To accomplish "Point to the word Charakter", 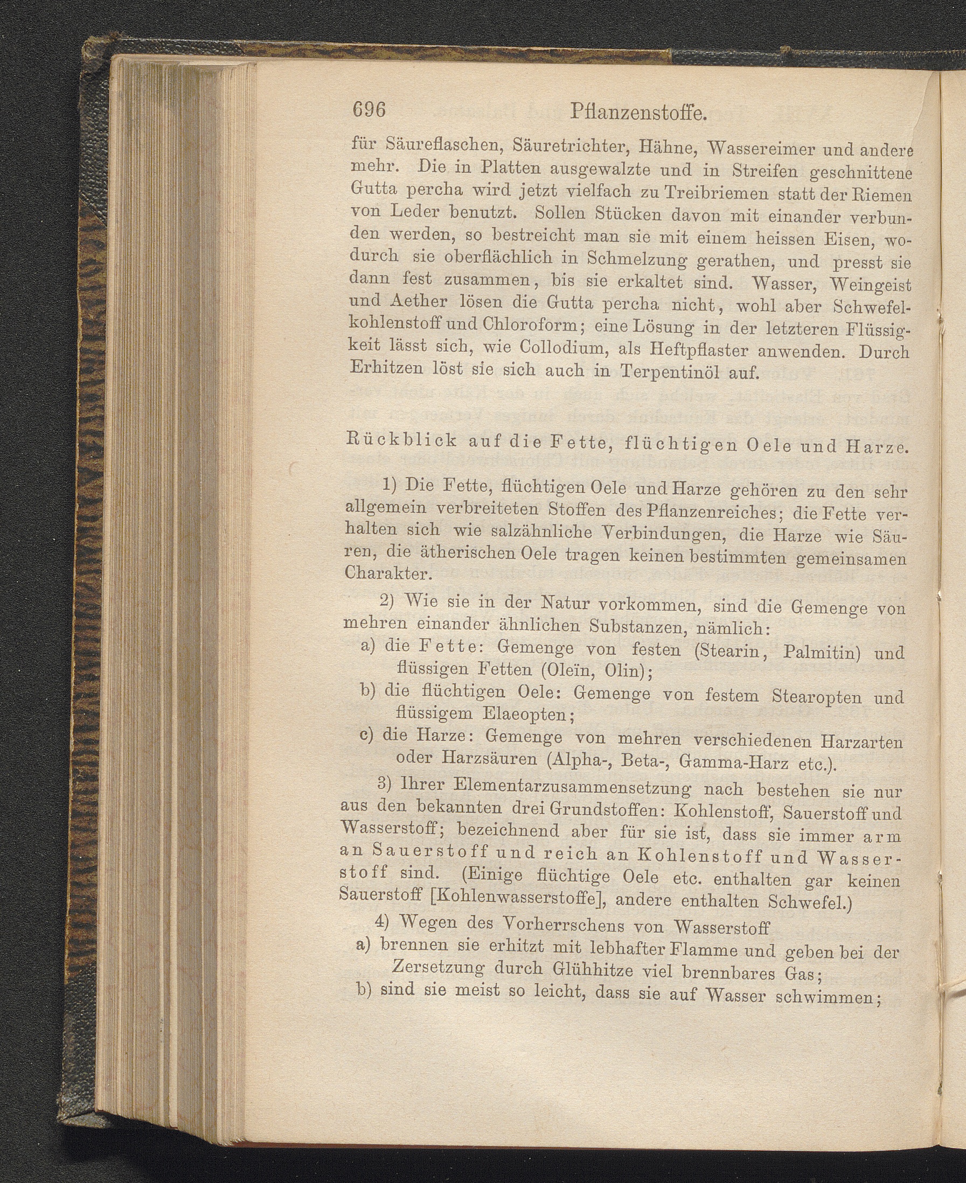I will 388,572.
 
